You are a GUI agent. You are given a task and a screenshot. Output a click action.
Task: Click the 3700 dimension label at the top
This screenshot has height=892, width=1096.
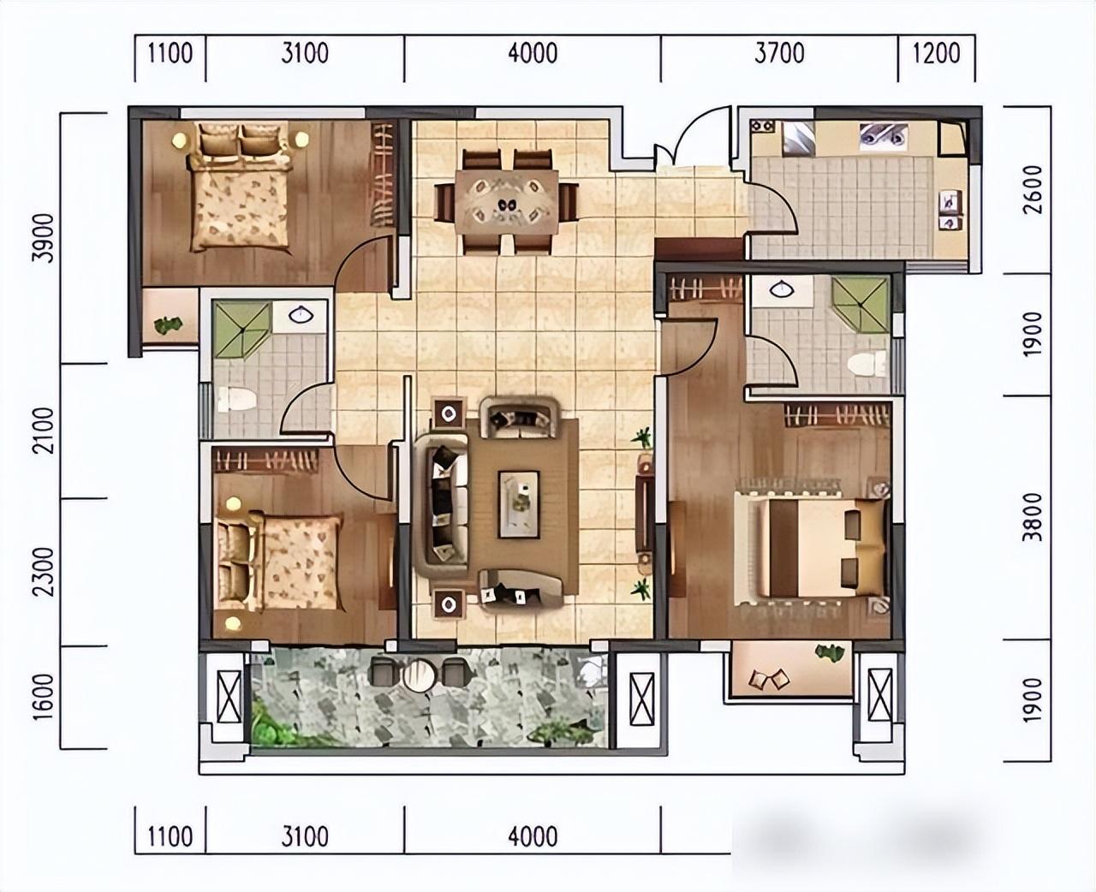pos(779,53)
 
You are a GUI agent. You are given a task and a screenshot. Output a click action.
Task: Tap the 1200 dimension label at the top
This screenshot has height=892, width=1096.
pos(937,53)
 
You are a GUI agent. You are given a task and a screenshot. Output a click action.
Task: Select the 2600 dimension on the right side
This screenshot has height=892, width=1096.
pos(1032,189)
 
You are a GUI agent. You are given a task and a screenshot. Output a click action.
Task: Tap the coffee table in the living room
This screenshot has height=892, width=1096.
pos(519,505)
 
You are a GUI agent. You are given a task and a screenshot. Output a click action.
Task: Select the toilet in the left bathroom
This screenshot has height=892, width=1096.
pos(235,399)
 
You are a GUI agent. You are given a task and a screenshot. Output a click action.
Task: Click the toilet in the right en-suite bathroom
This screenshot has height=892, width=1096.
pos(867,364)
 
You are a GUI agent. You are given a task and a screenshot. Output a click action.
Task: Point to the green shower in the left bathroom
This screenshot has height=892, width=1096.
pos(243,330)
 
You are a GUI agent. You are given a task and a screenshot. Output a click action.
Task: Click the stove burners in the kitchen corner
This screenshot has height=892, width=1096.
pos(763,126)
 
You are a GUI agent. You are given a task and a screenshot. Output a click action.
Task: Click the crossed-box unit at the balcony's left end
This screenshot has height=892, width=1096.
pos(229,697)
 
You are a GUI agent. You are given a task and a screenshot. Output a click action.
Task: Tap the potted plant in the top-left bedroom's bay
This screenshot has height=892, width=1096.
pos(169,325)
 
